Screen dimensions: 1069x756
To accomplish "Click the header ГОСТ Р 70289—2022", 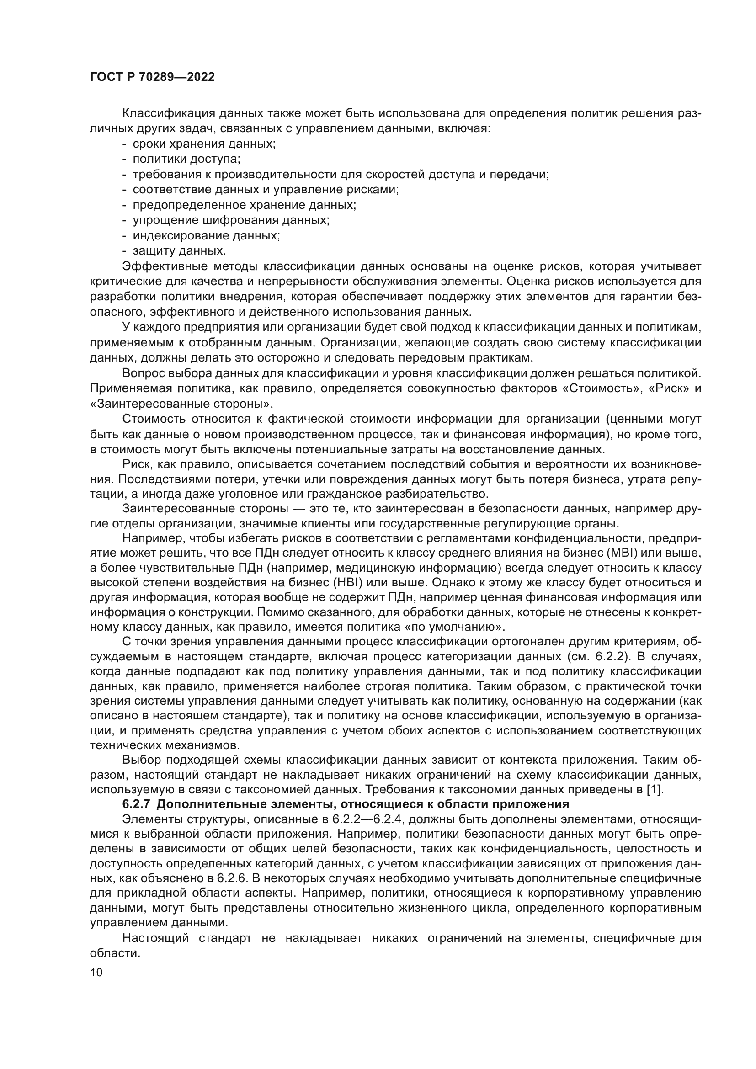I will [x=152, y=77].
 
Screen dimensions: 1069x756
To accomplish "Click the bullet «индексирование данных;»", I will [x=206, y=235].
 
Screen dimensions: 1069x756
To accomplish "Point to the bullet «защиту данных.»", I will [x=179, y=250].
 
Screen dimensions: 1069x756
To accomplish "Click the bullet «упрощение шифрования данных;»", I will [x=231, y=220].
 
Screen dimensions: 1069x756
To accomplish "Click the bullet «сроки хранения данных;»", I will [x=204, y=144].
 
